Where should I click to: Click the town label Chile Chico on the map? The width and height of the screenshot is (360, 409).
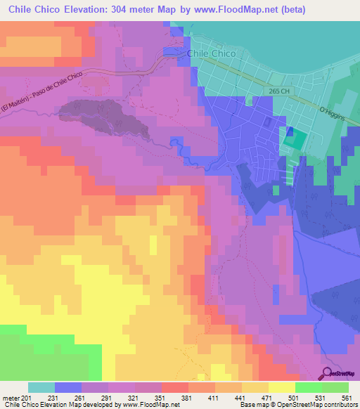210,53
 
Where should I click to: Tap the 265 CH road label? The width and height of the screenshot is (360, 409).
278,91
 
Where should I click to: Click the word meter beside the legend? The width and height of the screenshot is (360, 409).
11,398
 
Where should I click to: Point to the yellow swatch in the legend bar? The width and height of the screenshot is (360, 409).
281,387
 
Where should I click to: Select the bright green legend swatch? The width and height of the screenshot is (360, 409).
308,387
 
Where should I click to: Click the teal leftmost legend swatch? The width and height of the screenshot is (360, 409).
41,387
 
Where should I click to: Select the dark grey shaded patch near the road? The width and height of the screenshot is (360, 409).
105,119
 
